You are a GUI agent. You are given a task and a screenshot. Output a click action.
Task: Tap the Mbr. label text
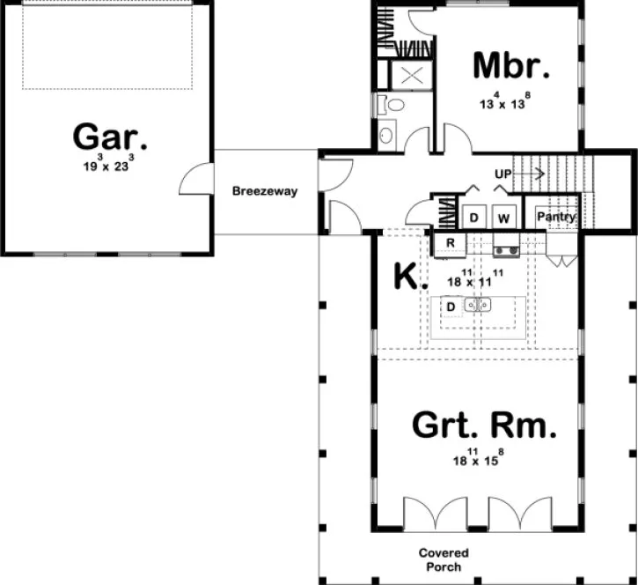click(511, 66)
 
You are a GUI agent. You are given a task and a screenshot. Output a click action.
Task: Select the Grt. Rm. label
click(484, 428)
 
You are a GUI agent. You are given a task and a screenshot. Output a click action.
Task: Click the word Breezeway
click(265, 191)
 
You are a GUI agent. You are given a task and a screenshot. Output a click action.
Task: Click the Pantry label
click(556, 217)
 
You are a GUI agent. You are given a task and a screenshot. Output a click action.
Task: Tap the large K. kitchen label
click(408, 277)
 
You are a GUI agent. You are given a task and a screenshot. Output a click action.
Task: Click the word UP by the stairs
click(503, 174)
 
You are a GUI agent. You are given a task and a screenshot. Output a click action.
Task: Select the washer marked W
click(504, 217)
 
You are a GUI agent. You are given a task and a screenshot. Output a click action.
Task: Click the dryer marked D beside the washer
click(473, 217)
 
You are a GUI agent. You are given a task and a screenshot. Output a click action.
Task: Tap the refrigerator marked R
click(450, 242)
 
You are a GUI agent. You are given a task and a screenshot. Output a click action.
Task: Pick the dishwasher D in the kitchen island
click(450, 306)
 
